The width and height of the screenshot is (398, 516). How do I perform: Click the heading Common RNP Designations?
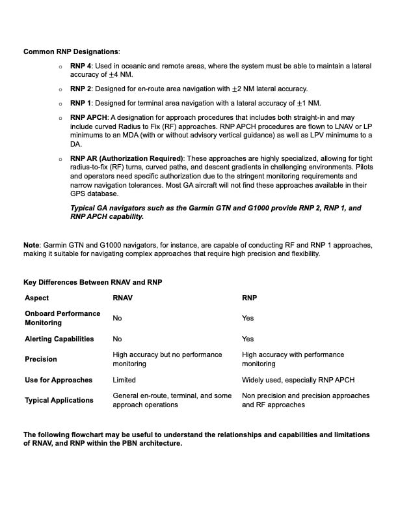tap(72, 51)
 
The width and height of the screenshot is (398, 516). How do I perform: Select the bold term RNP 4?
tap(81, 66)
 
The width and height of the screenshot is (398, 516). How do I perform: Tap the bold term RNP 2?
tap(81, 89)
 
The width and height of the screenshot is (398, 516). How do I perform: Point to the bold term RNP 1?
tap(81, 103)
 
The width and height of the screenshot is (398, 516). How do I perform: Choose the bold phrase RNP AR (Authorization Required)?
tap(127, 158)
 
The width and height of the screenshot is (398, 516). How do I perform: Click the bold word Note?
tap(31, 244)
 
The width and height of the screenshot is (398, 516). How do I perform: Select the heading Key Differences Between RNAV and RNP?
tap(92, 282)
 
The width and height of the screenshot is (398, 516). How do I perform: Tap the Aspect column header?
tap(36, 298)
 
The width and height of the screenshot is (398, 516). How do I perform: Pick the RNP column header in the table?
tap(249, 298)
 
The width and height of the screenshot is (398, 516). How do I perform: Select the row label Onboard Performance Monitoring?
tap(62, 318)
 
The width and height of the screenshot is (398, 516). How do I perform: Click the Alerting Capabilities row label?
tap(59, 339)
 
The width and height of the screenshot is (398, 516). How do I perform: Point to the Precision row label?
tap(41, 359)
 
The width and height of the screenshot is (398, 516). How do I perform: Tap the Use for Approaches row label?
tap(59, 380)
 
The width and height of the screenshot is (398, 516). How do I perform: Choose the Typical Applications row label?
tap(59, 400)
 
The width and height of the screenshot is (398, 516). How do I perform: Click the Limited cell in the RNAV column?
tap(124, 380)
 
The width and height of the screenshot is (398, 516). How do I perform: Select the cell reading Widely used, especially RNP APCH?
tap(298, 380)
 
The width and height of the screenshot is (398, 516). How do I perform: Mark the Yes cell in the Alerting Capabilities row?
tap(248, 339)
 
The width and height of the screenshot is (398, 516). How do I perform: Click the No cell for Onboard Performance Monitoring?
tap(117, 318)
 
